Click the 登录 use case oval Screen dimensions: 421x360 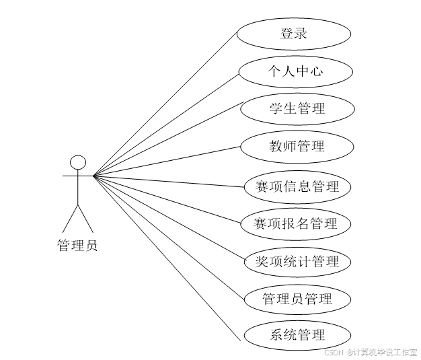coord(294,34)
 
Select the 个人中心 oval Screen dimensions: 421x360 coord(295,71)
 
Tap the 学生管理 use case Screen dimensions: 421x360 coord(297,109)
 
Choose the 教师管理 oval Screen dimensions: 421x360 coord(297,146)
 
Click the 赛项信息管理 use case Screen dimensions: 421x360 coord(297,186)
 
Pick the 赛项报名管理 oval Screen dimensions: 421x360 coord(297,223)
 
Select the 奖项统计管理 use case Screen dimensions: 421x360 coord(297,261)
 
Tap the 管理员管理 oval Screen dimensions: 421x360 coord(297,299)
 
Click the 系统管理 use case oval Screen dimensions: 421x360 coord(297,335)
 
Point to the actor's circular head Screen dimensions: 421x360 coord(79,162)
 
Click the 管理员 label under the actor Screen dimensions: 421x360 coord(77,246)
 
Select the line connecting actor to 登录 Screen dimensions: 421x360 coord(165,104)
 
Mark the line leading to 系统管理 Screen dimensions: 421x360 coord(167,260)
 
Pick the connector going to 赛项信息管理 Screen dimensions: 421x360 coord(168,181)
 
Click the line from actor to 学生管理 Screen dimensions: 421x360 coord(168,139)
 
